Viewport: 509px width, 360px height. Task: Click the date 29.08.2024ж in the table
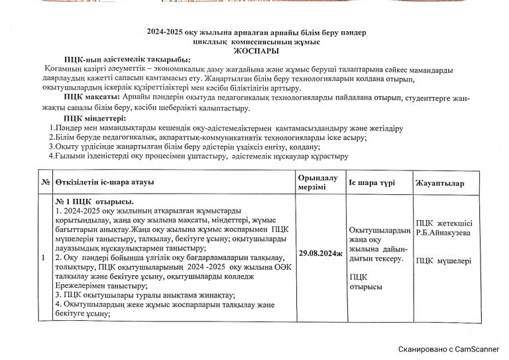tap(319, 253)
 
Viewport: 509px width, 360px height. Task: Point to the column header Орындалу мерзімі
tap(318, 182)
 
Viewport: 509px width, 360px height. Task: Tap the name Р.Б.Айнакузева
tap(442, 233)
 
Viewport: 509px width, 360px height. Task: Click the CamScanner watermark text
tap(449, 347)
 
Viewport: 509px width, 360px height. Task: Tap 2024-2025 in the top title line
tap(168, 32)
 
